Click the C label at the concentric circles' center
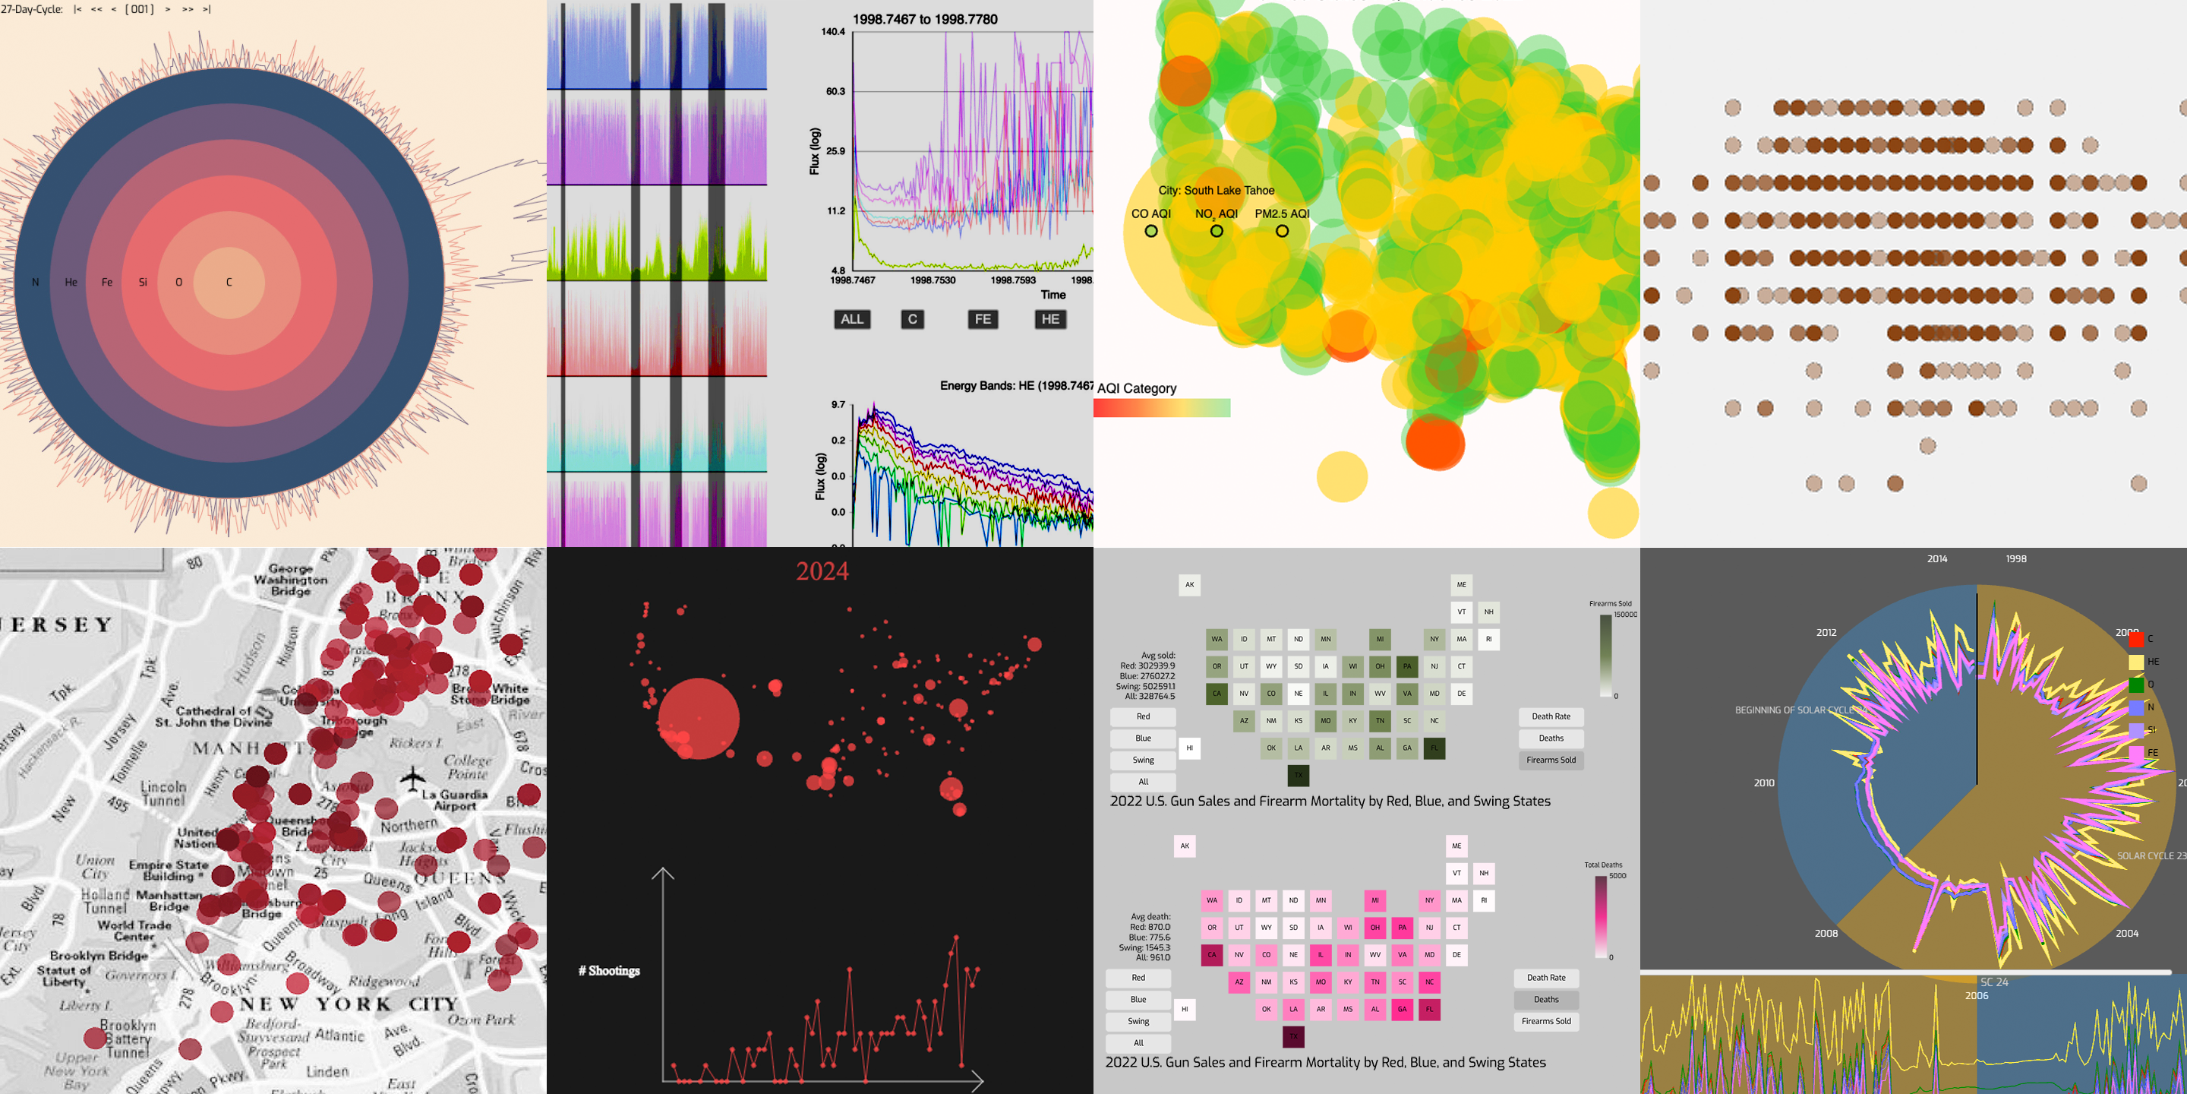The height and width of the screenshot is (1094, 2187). (x=229, y=282)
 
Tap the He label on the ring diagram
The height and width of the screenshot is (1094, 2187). (x=71, y=282)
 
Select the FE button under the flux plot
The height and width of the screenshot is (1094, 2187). (x=983, y=319)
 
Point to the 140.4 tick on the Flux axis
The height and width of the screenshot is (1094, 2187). (x=832, y=32)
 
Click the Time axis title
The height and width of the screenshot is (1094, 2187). (x=1052, y=295)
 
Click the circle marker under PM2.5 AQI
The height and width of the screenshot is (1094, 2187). (x=1282, y=231)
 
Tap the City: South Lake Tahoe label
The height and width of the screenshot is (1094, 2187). (x=1216, y=190)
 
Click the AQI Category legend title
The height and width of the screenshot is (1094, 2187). (x=1137, y=388)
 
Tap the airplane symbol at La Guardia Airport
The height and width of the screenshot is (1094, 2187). (x=412, y=777)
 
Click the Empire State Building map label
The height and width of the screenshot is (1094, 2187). (x=167, y=870)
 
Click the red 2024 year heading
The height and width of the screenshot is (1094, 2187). (x=822, y=571)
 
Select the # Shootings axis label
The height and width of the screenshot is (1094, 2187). (x=610, y=971)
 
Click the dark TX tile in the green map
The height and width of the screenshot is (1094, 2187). (x=1298, y=775)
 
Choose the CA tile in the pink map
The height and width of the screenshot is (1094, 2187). (x=1211, y=955)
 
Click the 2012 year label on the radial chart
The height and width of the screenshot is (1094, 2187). (x=1826, y=633)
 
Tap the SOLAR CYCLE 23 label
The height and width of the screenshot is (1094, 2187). (x=2151, y=856)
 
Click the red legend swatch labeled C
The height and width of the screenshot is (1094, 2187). (x=2136, y=639)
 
